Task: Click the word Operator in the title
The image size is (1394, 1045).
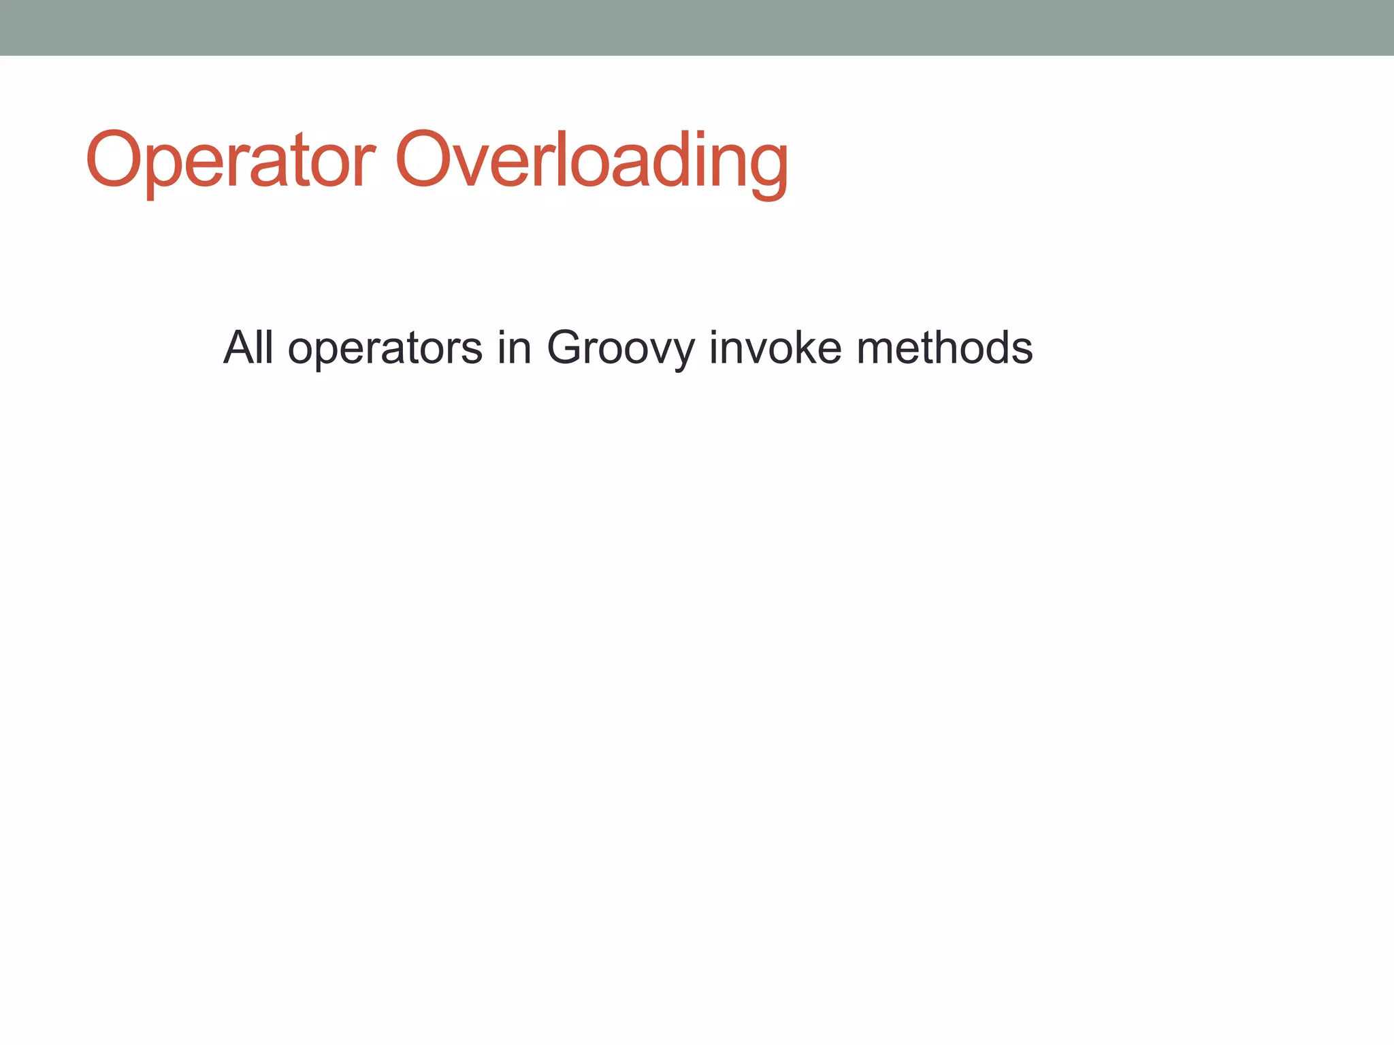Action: tap(230, 161)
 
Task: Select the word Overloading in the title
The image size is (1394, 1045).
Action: tap(591, 161)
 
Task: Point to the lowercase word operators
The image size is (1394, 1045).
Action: tap(385, 349)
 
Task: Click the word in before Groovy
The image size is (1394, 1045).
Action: tap(514, 348)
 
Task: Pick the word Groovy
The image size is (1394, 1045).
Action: tap(621, 349)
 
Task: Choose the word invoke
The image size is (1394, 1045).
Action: tap(775, 348)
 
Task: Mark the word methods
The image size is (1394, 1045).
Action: tap(945, 348)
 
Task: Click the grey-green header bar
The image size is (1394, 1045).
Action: tap(697, 27)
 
